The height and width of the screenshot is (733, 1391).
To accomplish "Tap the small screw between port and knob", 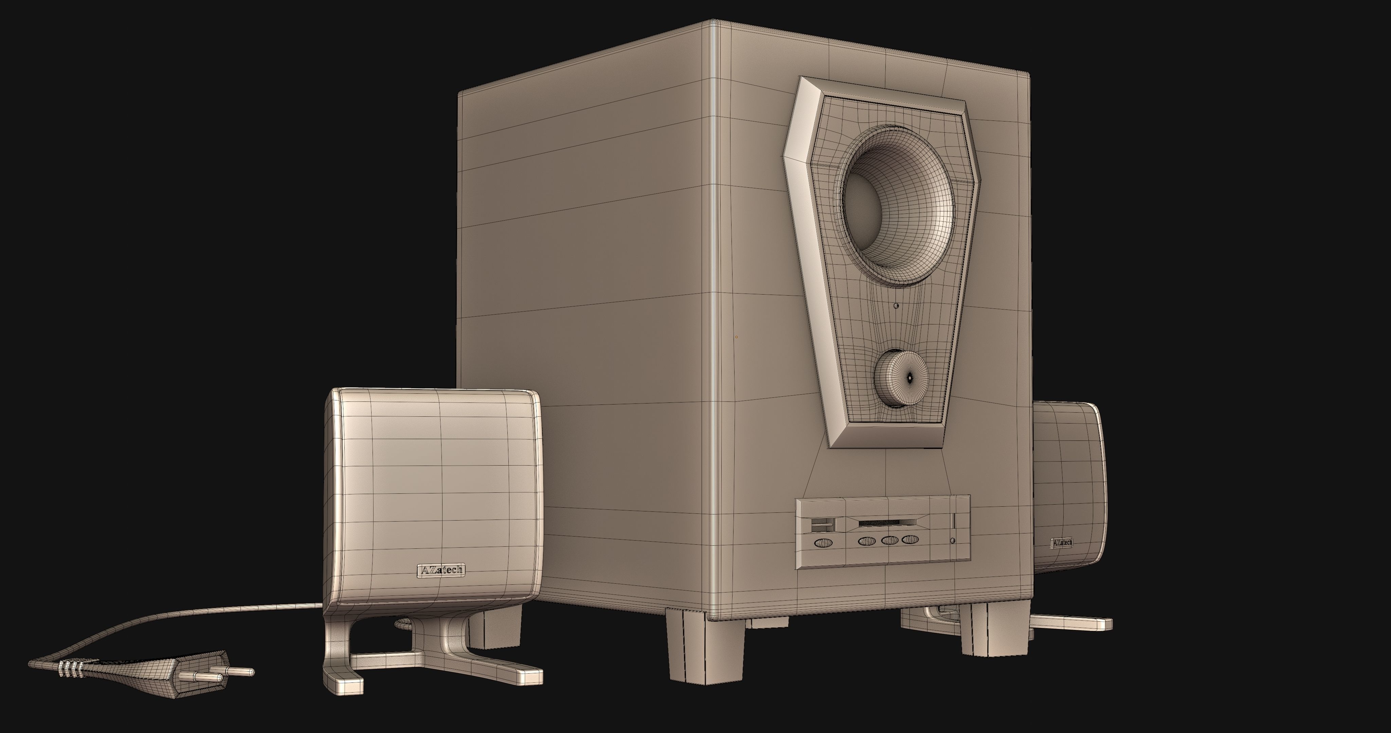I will (897, 305).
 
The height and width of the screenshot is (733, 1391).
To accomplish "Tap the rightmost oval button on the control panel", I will (910, 539).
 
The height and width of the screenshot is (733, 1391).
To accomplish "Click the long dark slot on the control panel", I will (883, 523).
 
